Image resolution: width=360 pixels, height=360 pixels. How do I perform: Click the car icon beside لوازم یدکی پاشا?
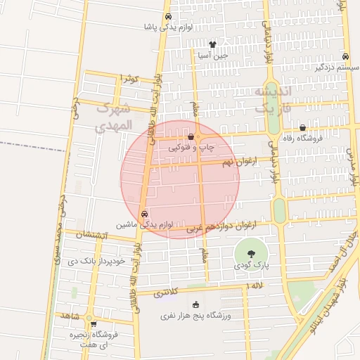(167, 17)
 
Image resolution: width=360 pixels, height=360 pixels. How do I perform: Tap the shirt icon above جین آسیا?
(212, 44)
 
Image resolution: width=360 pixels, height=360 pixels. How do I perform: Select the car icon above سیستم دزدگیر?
(345, 57)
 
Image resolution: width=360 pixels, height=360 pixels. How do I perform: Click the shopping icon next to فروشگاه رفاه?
(302, 128)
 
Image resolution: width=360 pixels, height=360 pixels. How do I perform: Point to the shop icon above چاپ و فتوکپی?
(191, 137)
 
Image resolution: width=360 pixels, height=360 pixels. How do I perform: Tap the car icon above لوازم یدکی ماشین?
(145, 214)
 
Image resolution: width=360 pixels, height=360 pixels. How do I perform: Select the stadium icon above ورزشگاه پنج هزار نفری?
(195, 304)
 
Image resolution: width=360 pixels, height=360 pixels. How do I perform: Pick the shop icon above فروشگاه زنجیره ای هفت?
(89, 323)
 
